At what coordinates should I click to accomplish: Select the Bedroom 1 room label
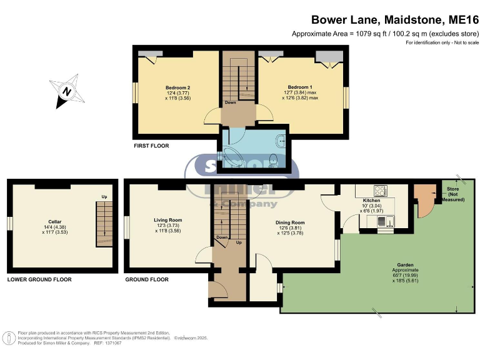click(x=300, y=87)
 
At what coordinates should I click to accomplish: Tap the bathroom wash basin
click(x=283, y=139)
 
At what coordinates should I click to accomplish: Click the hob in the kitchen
click(x=379, y=191)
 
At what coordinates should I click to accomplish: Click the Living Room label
click(x=167, y=220)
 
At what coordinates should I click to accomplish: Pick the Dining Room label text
click(x=290, y=222)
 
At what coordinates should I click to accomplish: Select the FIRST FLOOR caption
click(x=151, y=146)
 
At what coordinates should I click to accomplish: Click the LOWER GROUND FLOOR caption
click(x=39, y=279)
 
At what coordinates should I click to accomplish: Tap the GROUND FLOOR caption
click(x=147, y=279)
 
